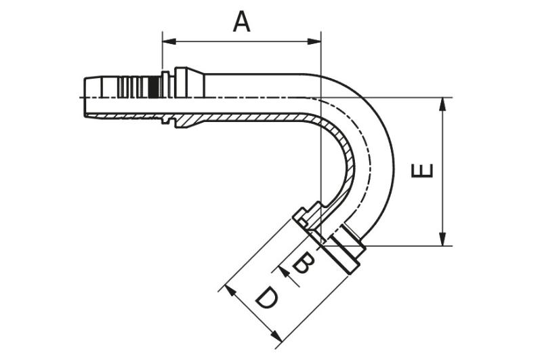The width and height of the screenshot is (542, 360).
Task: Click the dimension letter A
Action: (241, 22)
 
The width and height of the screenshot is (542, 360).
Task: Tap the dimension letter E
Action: (422, 170)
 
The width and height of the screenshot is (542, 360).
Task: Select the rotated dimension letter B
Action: (304, 263)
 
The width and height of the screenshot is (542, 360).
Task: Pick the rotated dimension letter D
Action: (266, 298)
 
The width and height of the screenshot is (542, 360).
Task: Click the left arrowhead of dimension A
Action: (169, 41)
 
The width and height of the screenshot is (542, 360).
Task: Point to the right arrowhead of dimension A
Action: (314, 41)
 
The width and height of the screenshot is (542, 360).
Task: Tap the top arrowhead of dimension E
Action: (442, 104)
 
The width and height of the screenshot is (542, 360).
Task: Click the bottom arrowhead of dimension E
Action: (442, 239)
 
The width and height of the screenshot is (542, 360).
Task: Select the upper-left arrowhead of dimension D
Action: (230, 291)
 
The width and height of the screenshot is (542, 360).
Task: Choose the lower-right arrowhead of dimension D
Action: (276, 336)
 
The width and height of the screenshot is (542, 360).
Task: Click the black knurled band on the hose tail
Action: (155, 87)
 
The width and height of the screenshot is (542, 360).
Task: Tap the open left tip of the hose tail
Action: (85, 97)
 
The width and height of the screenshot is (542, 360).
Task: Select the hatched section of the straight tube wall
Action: (242, 117)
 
